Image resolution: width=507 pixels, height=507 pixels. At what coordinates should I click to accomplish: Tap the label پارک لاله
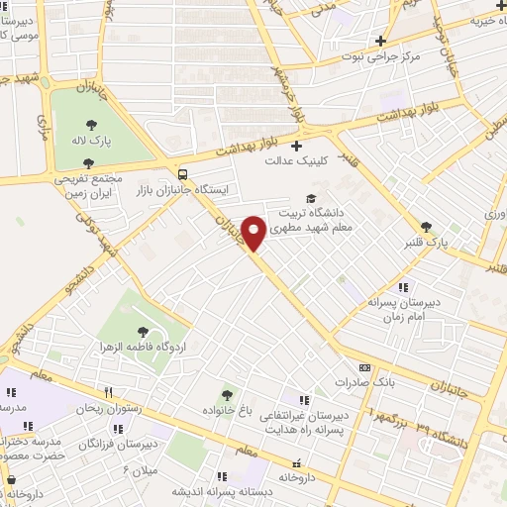point(92,143)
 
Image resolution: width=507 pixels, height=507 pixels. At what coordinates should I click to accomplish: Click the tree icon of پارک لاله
point(92,125)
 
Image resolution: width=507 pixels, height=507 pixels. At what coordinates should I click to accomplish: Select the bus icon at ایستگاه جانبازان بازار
point(180,169)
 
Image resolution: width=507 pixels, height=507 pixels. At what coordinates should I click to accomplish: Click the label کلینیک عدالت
point(296,160)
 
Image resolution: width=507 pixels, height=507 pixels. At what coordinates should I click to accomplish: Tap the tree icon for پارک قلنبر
point(427,226)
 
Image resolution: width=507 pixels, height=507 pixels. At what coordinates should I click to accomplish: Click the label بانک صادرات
point(357,382)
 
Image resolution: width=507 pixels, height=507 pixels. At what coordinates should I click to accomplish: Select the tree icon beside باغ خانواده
point(229,394)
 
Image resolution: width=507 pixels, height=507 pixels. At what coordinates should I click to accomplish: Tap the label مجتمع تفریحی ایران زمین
point(87,186)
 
